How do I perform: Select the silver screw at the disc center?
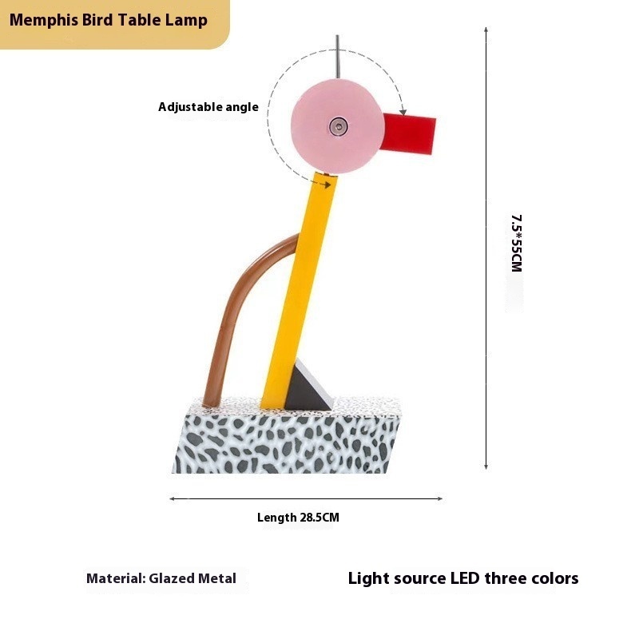(339, 126)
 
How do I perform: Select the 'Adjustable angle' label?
(208, 107)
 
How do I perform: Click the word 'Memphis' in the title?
(43, 20)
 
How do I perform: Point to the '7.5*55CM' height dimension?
(516, 244)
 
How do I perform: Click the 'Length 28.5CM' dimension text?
(298, 518)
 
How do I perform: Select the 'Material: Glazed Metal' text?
(161, 578)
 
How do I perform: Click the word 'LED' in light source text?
(466, 578)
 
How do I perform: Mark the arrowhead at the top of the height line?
(486, 30)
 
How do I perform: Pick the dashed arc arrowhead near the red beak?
(403, 111)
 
